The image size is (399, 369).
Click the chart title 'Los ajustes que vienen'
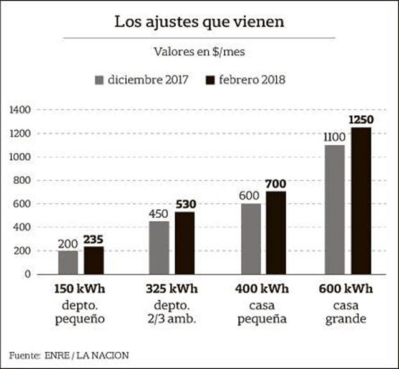coord(199,22)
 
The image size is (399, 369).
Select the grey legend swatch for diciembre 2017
coord(99,80)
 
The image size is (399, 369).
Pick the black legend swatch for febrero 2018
coord(210,80)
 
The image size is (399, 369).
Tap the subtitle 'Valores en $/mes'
coord(199,52)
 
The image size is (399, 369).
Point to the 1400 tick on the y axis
coord(21,110)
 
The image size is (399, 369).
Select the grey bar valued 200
coord(68,262)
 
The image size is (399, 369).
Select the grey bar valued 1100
coord(335,209)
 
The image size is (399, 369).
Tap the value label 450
coord(158,214)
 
